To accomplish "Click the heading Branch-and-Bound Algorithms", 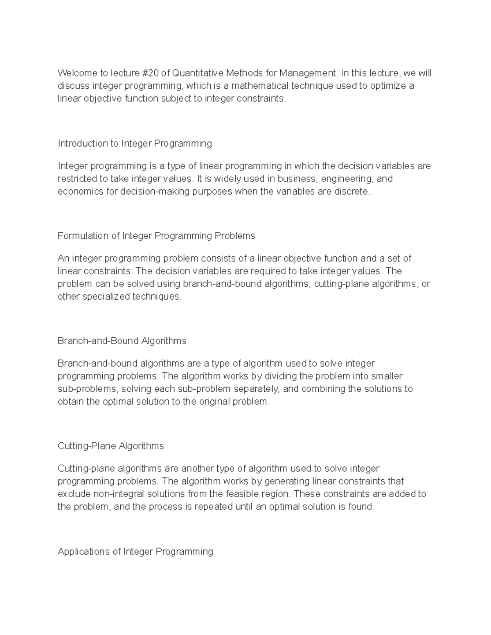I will coord(122,341).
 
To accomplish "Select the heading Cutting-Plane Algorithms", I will coord(110,446).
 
